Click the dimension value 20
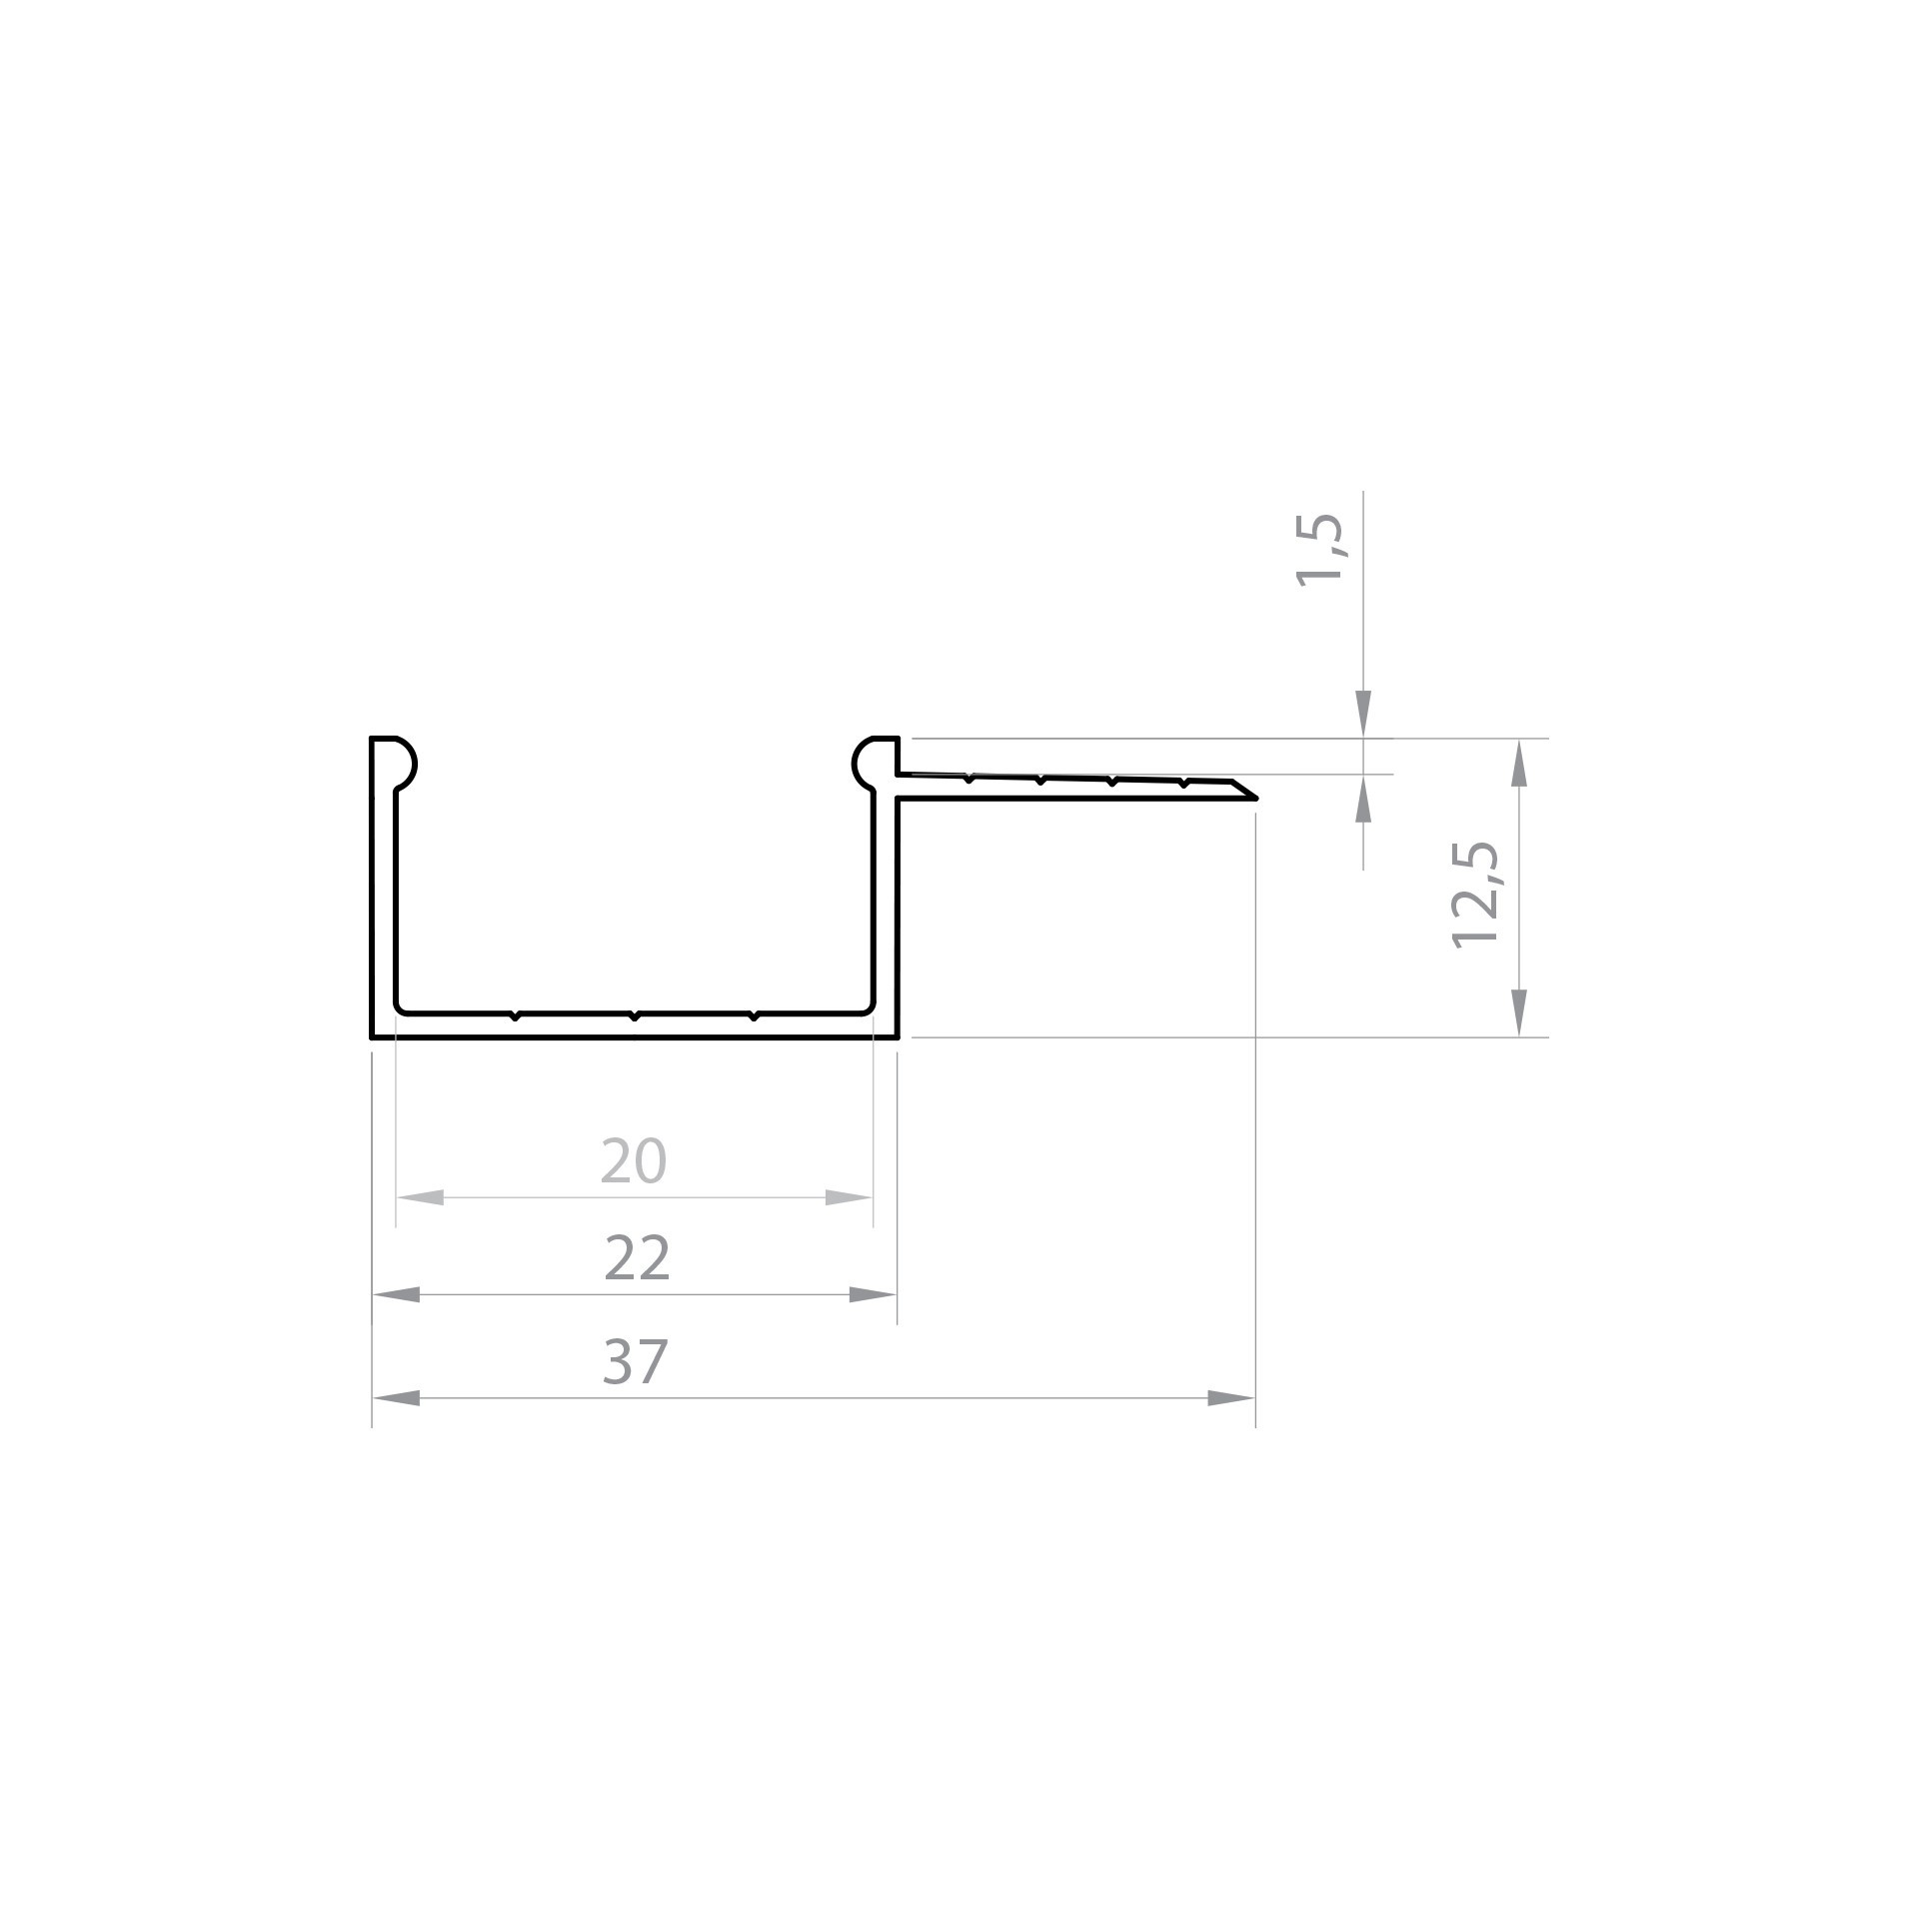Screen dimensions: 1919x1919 [633, 1160]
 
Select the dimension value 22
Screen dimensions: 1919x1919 [637, 1258]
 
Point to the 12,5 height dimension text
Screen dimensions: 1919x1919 [1475, 895]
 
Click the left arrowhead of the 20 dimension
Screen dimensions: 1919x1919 [420, 1197]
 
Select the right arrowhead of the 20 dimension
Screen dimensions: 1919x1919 [849, 1197]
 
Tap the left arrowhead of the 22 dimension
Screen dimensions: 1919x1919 [396, 1295]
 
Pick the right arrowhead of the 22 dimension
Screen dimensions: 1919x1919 [873, 1295]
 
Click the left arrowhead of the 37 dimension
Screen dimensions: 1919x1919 [396, 1398]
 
